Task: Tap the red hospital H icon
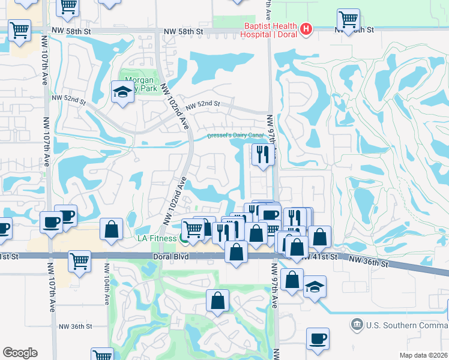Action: (307, 29)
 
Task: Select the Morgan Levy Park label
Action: (139, 84)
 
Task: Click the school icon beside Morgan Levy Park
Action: (122, 92)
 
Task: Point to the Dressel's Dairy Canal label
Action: (235, 136)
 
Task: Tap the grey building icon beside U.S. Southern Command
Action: (357, 325)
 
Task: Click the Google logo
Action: (20, 353)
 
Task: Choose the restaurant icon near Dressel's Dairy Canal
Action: (262, 154)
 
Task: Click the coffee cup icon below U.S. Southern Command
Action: (318, 338)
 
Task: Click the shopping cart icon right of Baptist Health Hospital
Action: (348, 19)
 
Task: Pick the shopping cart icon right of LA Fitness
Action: (192, 229)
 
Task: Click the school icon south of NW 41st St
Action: (314, 287)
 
